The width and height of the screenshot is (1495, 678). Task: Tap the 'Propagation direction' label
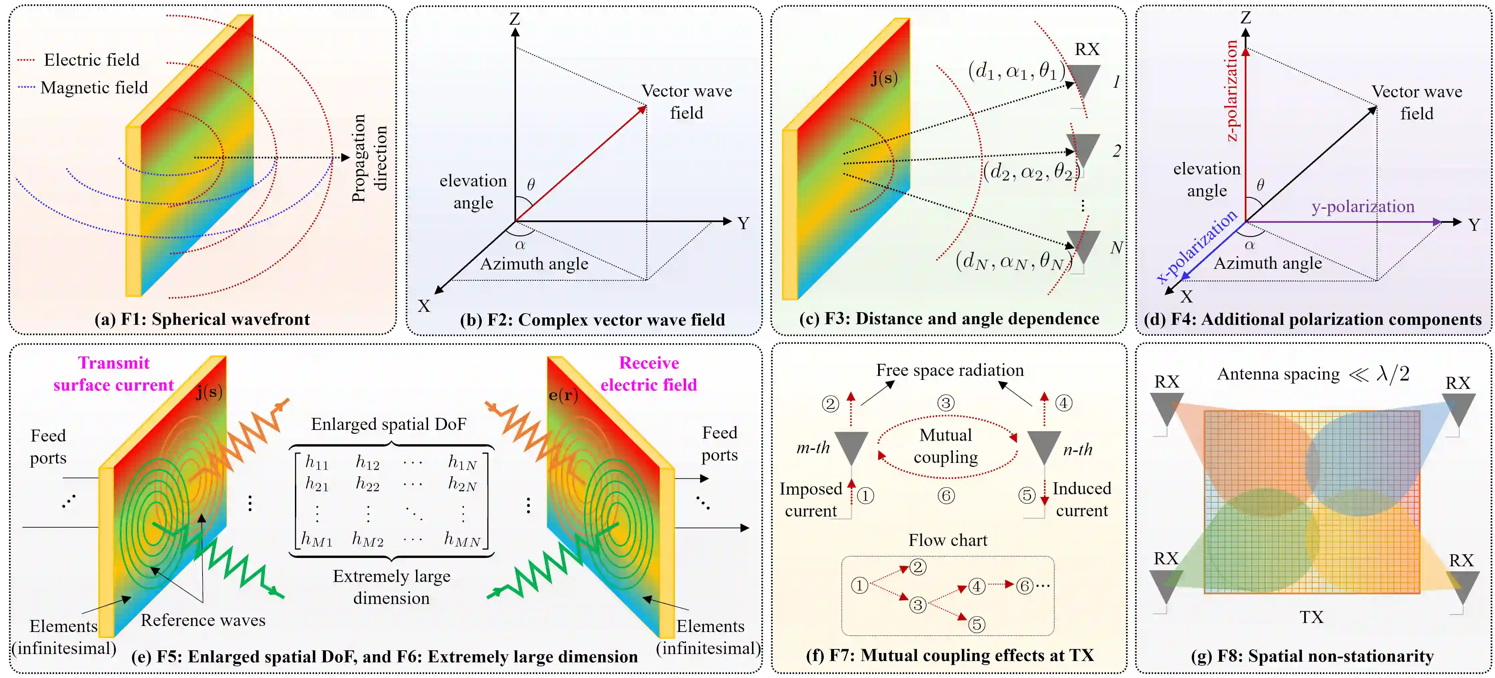point(369,158)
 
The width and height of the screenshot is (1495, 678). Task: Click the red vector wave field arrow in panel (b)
point(581,163)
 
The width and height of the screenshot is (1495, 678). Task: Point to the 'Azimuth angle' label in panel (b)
point(534,264)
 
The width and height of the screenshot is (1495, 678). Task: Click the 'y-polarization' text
point(1363,206)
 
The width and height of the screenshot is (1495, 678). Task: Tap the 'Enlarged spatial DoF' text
point(388,424)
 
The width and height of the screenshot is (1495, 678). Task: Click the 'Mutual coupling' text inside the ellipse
point(946,446)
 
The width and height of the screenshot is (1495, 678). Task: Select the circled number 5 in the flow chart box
point(977,625)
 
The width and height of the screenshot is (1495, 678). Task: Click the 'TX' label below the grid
point(1312,617)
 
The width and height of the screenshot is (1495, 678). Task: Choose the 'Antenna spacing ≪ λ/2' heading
point(1313,374)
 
